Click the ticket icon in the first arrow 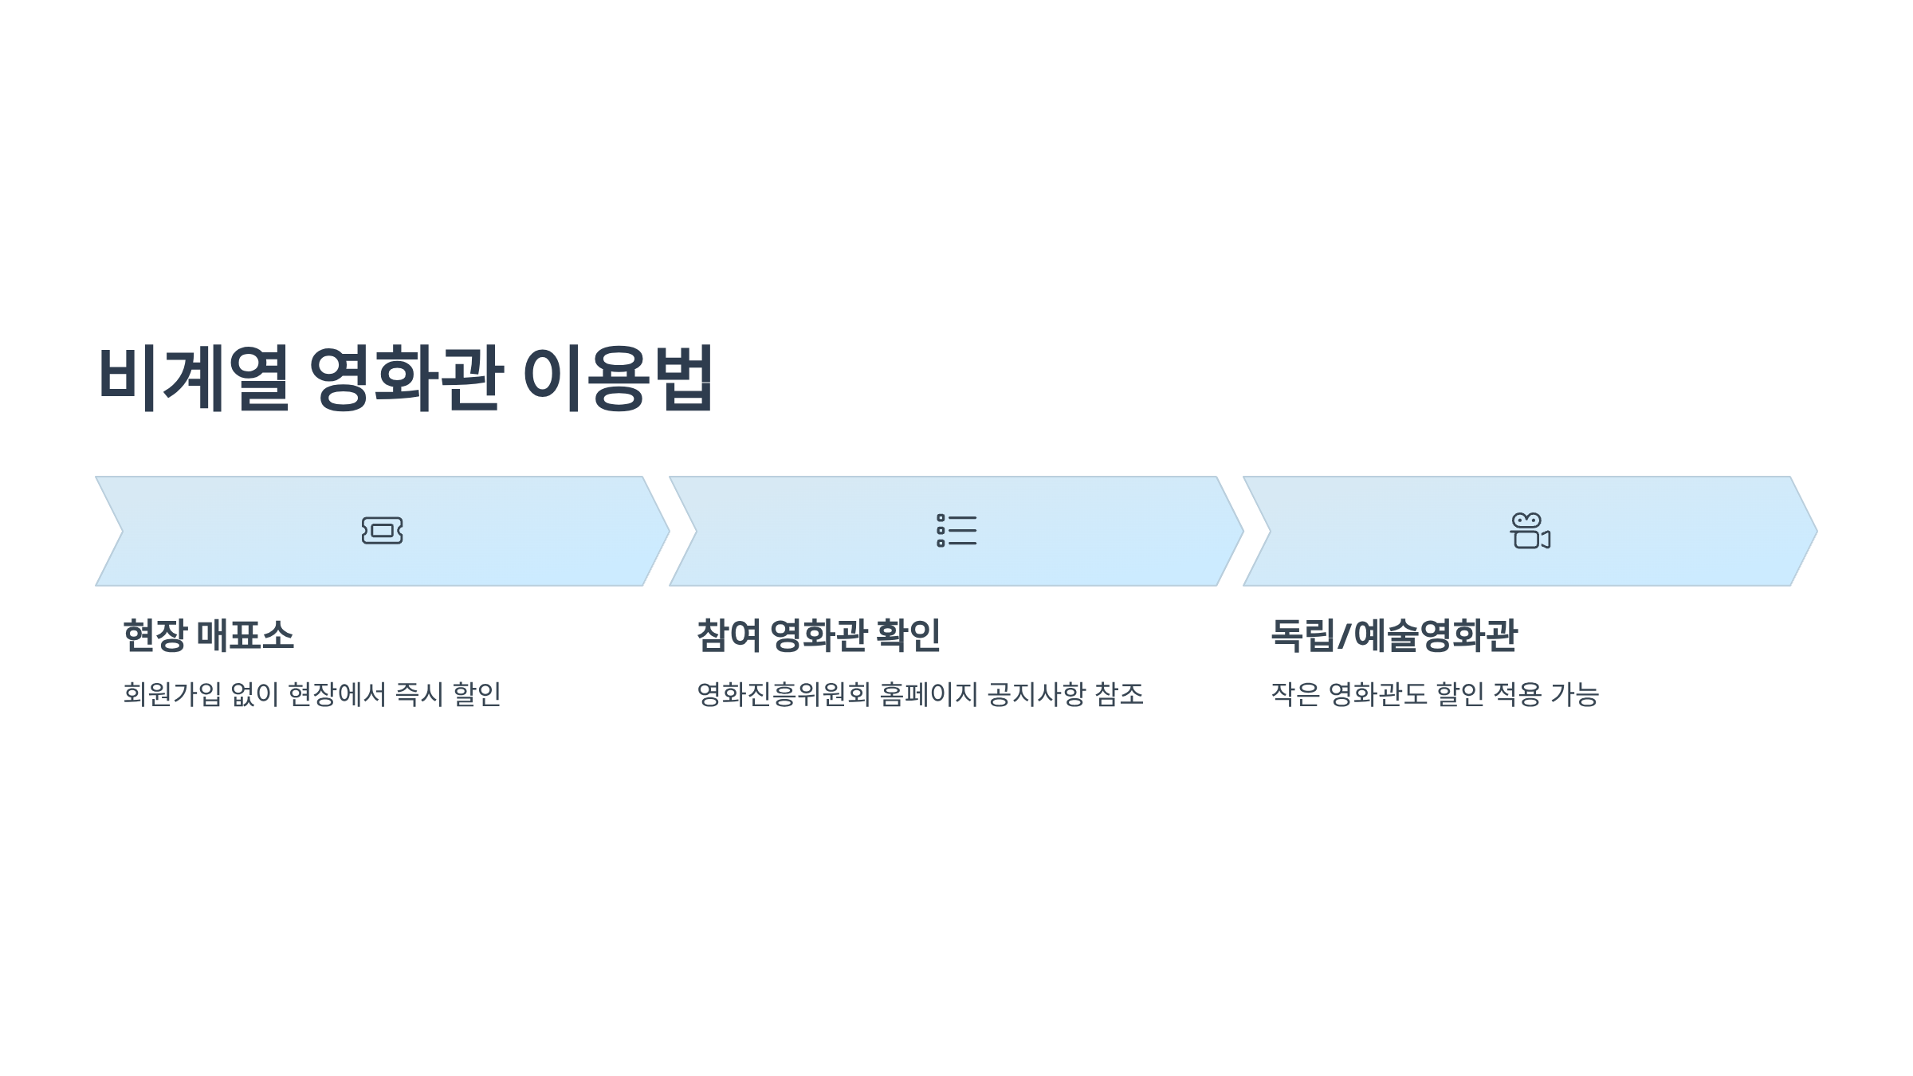(382, 531)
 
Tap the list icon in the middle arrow (956, 531)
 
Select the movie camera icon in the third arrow (1530, 531)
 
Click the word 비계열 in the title (193, 378)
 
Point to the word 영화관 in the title (407, 378)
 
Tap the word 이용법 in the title (618, 378)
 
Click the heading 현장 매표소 (209, 636)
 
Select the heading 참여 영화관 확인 (819, 636)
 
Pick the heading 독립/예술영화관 (1394, 636)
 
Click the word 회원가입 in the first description (172, 694)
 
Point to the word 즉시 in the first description (419, 694)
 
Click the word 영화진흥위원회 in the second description (784, 694)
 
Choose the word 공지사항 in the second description (1036, 694)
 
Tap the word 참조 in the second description (1119, 694)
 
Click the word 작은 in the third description (1295, 694)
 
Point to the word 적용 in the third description (1517, 694)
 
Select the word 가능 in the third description (1575, 694)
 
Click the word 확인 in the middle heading (908, 636)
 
